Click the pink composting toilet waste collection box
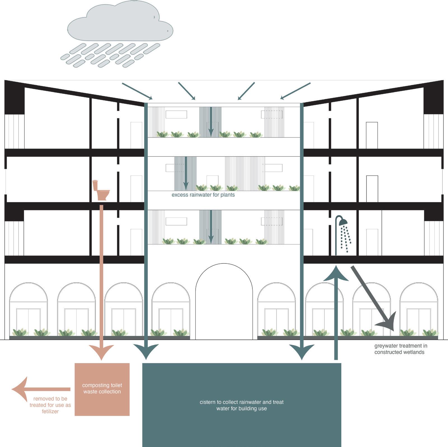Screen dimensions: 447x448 point(102,389)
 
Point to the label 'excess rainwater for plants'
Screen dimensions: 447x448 point(203,195)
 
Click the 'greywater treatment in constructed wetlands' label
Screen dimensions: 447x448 point(400,349)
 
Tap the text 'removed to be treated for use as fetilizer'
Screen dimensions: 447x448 point(50,405)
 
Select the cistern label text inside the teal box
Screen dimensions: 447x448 point(241,405)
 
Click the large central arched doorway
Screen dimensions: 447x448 point(224,302)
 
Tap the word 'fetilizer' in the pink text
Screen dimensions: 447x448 point(50,411)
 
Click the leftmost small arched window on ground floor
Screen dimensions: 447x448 point(28,308)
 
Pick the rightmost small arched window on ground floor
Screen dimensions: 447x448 point(419,308)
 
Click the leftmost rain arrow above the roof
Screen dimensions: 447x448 point(137,91)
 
